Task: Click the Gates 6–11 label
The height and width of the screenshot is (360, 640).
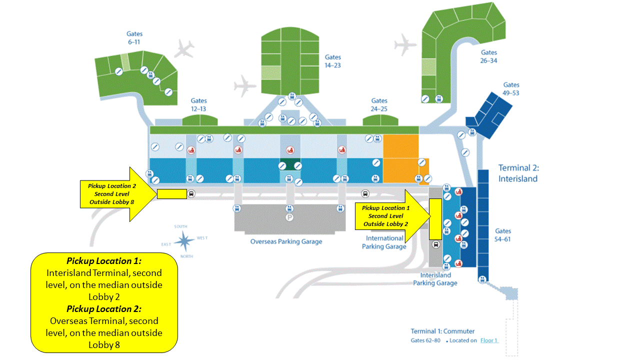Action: [x=133, y=38]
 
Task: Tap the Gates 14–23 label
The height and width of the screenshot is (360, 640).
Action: [x=332, y=61]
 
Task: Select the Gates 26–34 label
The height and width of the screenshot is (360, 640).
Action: [x=489, y=56]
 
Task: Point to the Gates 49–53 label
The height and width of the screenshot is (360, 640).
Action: [x=511, y=89]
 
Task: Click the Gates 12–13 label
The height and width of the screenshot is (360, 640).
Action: [x=198, y=104]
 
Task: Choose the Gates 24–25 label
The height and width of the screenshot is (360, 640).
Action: [x=379, y=104]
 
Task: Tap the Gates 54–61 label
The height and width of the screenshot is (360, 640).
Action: [x=503, y=235]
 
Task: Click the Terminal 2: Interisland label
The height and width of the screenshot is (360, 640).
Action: [x=518, y=173]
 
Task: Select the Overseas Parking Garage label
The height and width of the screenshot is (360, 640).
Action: [x=286, y=241]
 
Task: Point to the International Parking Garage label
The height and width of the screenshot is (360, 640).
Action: [x=384, y=242]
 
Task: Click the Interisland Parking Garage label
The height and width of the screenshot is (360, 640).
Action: [x=435, y=279]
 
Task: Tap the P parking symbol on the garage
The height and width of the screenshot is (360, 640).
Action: [x=289, y=217]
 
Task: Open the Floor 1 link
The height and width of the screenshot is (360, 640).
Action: [x=489, y=340]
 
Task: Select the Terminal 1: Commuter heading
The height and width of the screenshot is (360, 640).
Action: [x=442, y=331]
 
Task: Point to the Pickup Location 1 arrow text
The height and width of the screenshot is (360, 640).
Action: [x=385, y=215]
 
